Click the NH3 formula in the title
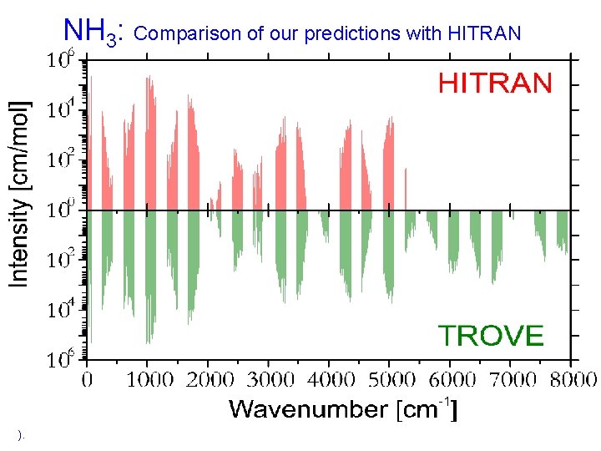[x=93, y=33]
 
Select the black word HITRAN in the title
[x=484, y=34]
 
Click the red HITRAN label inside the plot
[x=495, y=83]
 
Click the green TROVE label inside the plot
[x=492, y=336]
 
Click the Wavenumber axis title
[x=342, y=409]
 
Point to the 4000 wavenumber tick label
[x=330, y=380]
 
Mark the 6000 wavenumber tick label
[x=451, y=380]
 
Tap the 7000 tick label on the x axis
[x=511, y=380]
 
